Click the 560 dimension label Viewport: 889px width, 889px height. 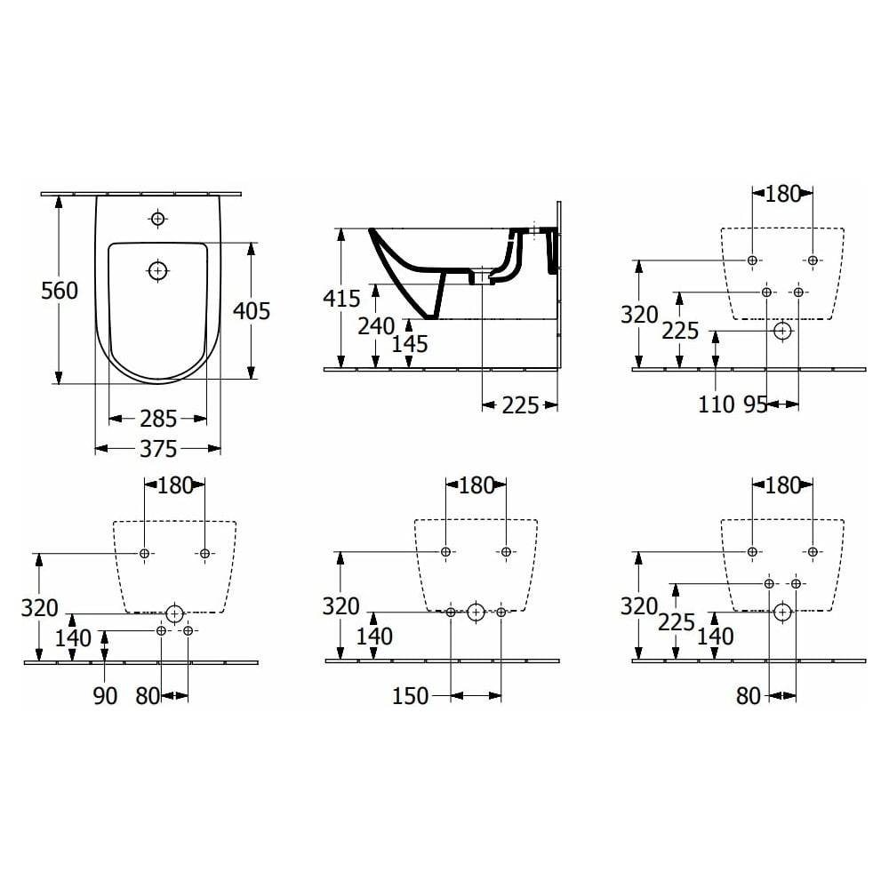[x=60, y=291]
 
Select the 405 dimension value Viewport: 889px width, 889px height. [x=252, y=310]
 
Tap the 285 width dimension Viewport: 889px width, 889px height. [x=158, y=419]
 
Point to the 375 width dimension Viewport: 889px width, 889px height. [x=158, y=449]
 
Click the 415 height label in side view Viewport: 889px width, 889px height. [x=341, y=298]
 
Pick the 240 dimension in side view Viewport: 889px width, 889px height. [x=376, y=326]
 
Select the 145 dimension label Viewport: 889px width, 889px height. [x=410, y=344]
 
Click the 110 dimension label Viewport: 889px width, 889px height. [x=716, y=404]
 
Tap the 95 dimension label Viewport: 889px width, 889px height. [x=755, y=404]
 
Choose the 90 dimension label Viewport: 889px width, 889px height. [x=105, y=696]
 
